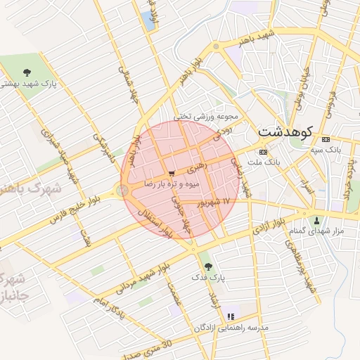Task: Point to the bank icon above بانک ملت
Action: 263,151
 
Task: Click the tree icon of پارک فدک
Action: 207,266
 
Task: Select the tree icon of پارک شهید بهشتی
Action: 27,72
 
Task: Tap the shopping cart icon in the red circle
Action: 172,173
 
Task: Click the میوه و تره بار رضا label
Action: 172,183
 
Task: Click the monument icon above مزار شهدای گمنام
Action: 316,220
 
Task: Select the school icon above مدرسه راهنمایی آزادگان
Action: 231,308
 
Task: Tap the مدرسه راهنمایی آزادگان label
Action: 224,327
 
